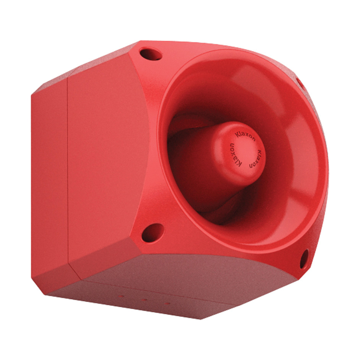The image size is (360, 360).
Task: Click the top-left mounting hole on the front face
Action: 151,54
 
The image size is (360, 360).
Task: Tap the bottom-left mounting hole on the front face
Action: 153,233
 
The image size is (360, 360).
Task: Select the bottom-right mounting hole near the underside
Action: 304,259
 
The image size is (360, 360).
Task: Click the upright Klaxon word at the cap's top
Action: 245,136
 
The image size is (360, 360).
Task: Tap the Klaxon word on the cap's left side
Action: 235,155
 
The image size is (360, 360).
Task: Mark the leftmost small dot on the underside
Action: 121,296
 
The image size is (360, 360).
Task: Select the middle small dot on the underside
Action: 144,300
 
